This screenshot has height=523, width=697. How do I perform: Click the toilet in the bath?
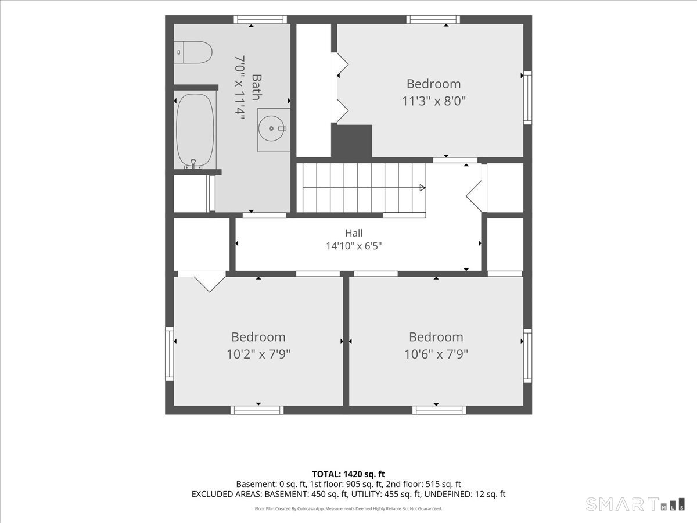pos(193,52)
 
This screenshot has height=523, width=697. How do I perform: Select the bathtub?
pos(195,130)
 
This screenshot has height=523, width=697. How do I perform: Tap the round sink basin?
pos(271,128)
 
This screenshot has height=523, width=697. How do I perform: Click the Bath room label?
pos(257,87)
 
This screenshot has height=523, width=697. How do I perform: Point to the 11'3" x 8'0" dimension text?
pos(434,101)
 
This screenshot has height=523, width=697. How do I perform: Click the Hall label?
pos(354,233)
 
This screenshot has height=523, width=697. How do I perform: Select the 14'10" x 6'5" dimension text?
pos(354,246)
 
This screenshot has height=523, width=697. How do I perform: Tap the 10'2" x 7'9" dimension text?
pos(258,354)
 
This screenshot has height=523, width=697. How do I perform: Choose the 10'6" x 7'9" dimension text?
pos(436,354)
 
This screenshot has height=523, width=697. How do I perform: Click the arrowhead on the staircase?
pos(423,188)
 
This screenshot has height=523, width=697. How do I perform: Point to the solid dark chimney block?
pos(351,141)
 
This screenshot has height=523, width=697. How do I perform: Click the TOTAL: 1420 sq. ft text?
pos(348,474)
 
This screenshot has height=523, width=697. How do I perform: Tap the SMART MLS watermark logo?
pos(635,504)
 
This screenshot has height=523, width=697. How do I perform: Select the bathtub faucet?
pos(193,164)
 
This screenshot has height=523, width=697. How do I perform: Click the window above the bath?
pos(260,19)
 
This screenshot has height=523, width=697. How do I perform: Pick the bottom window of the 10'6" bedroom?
pos(439,410)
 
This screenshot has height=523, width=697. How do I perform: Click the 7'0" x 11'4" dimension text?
pos(240,87)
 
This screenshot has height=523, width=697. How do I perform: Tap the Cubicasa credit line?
pos(348,508)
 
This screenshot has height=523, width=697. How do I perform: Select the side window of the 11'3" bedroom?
pos(528,98)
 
